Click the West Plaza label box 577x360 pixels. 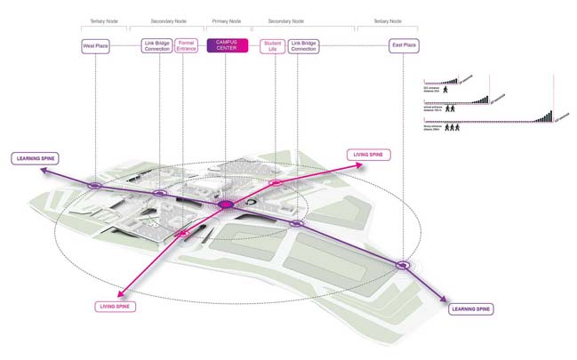[x=95, y=44]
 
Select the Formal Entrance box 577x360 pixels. [x=187, y=45]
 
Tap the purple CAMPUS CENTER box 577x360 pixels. [x=226, y=45]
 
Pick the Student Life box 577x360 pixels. [x=274, y=45]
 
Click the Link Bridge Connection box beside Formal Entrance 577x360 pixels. [x=156, y=45]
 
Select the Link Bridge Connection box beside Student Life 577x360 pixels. [x=304, y=45]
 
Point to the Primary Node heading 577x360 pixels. [x=226, y=20]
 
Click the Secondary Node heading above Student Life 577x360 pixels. [x=286, y=20]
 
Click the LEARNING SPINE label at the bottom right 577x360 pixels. [x=469, y=308]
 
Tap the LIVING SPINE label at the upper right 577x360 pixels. [x=369, y=155]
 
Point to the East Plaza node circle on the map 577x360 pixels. [x=402, y=264]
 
